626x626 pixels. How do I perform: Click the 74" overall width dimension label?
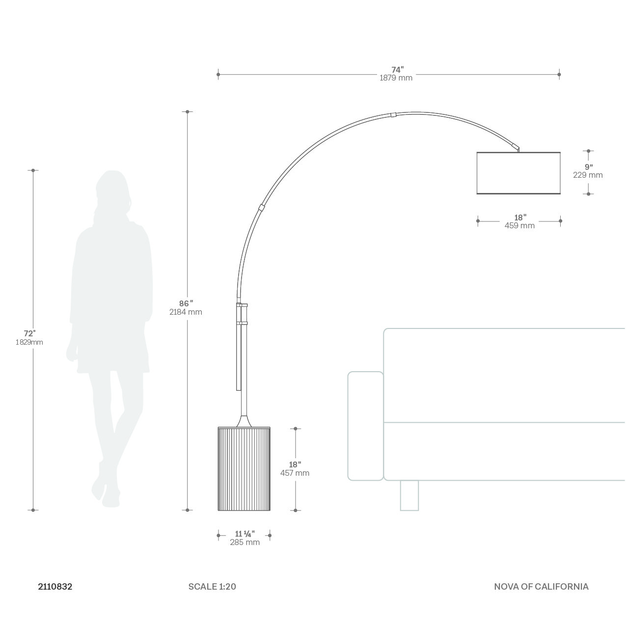[x=397, y=70]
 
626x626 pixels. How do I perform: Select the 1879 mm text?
[x=396, y=78]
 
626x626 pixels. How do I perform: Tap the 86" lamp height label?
[x=186, y=303]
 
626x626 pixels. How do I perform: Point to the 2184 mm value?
[x=186, y=312]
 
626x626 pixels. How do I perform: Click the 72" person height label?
[x=30, y=333]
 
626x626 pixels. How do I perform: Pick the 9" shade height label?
[x=588, y=166]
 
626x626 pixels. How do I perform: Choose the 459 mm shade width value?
[x=519, y=226]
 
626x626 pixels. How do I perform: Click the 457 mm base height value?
[x=295, y=473]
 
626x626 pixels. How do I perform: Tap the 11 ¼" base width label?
[x=245, y=534]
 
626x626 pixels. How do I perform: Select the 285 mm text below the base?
[x=245, y=543]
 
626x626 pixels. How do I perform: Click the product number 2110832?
[x=55, y=586]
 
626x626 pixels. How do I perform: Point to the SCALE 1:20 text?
[x=212, y=586]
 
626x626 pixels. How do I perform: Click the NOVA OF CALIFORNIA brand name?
[x=541, y=586]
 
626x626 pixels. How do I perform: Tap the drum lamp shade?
[x=518, y=173]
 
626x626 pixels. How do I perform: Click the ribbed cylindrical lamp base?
[x=244, y=469]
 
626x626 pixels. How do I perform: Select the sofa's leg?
[x=409, y=495]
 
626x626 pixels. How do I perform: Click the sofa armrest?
[x=365, y=426]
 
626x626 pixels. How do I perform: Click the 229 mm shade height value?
[x=588, y=175]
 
